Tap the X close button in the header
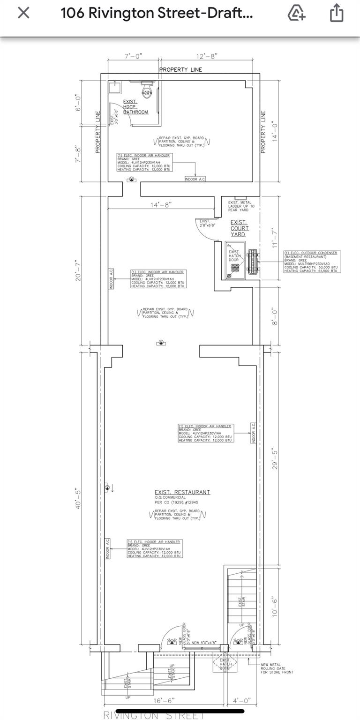pos(23,13)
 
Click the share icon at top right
pos(337,13)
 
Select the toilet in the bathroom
pos(147,90)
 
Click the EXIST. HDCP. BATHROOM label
pos(135,107)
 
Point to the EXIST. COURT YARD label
pos(240,228)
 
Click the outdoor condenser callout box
pos(312,262)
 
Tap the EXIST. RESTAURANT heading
pos(182,492)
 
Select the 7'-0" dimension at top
pos(133,56)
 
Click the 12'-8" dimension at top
pos(207,56)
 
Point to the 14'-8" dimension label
pos(161,204)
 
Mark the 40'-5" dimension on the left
pos(78,498)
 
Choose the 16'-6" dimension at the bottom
pos(164,700)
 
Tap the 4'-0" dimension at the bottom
pos(241,700)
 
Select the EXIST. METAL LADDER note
pos(241,206)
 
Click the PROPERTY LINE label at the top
pos(180,70)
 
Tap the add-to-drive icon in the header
pos(296,13)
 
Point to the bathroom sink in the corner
pos(115,87)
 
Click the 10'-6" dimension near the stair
pos(275,606)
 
